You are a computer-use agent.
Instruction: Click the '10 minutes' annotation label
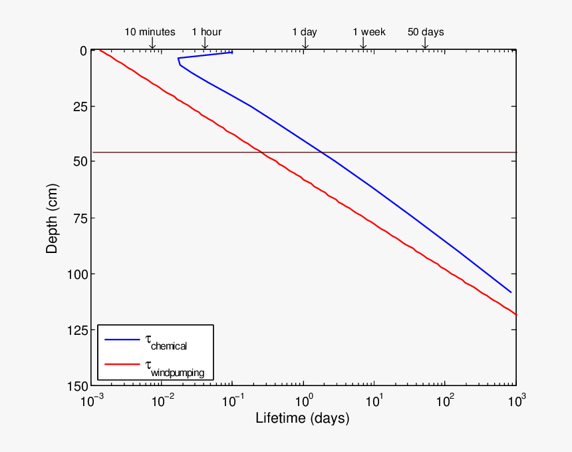(x=150, y=32)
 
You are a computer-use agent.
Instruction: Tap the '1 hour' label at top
(x=206, y=32)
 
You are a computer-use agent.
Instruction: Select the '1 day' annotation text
(x=305, y=32)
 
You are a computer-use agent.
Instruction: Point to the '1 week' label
(x=368, y=32)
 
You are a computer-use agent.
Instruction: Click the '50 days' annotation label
(x=426, y=32)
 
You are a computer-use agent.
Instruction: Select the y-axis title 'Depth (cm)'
(x=52, y=218)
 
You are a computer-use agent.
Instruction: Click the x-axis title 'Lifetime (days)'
(x=303, y=419)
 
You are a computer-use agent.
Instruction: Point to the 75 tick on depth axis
(x=78, y=218)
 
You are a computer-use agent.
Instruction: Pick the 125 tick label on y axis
(x=76, y=330)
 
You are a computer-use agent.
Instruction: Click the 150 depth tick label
(x=76, y=386)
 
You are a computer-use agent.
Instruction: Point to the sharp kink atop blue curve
(x=178, y=59)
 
